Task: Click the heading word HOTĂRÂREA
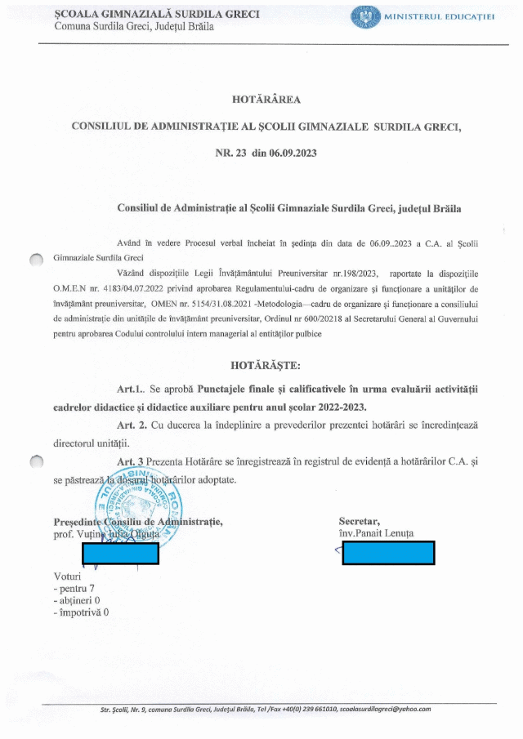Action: [267, 100]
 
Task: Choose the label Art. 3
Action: [132, 462]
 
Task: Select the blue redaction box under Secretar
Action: [388, 553]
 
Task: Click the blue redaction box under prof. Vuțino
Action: [120, 553]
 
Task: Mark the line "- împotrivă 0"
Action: [80, 611]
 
